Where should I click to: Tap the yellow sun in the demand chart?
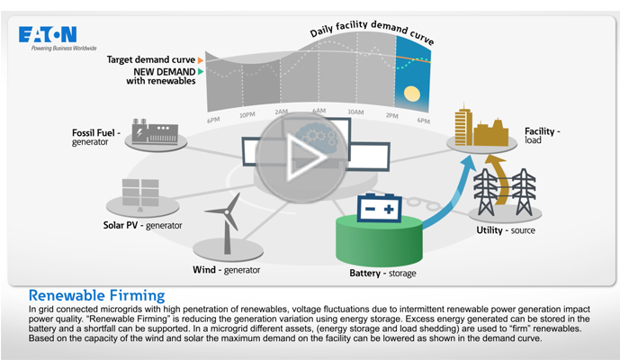[x=412, y=92]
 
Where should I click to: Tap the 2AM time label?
[x=282, y=112]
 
